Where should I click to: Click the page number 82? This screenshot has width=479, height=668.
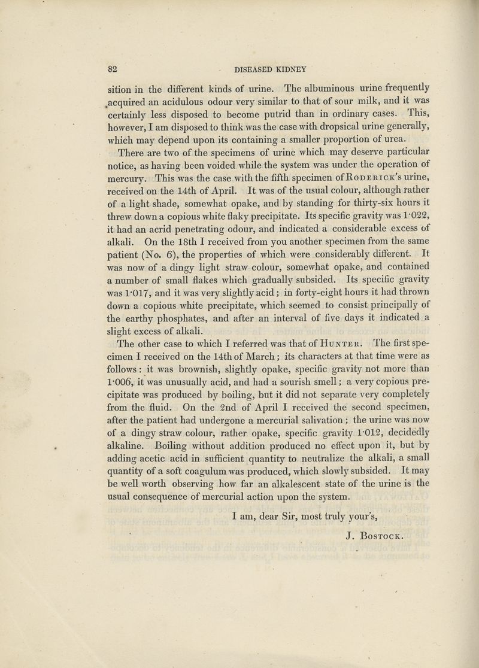click(112, 68)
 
